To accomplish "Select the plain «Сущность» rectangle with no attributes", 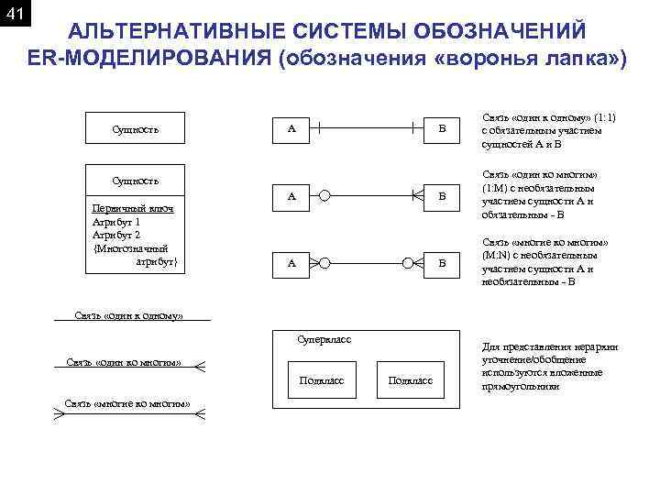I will (x=135, y=129).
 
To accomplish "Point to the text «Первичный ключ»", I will (x=134, y=209).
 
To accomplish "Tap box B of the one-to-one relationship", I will (x=442, y=129).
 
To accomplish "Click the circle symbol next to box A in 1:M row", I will (x=324, y=195).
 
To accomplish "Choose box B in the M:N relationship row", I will (x=442, y=263).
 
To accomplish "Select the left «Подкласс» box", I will (x=322, y=379).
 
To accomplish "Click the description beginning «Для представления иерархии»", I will (x=550, y=367).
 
